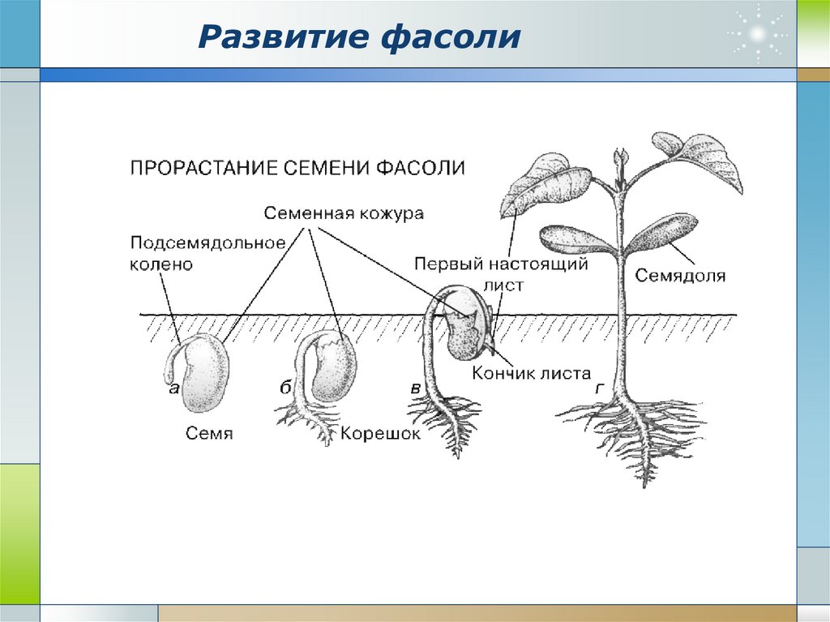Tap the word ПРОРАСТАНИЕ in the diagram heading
tap(203, 168)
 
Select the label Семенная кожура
tap(344, 213)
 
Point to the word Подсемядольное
tap(208, 243)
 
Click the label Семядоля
tap(680, 276)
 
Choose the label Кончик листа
tap(531, 373)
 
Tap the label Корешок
tap(379, 433)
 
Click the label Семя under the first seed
tap(209, 433)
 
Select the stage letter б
tap(286, 388)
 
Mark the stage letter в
tap(416, 388)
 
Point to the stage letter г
tap(600, 388)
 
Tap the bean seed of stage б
tap(332, 367)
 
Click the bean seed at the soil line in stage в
tap(467, 324)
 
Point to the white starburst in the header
tap(757, 34)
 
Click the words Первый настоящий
tap(501, 264)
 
